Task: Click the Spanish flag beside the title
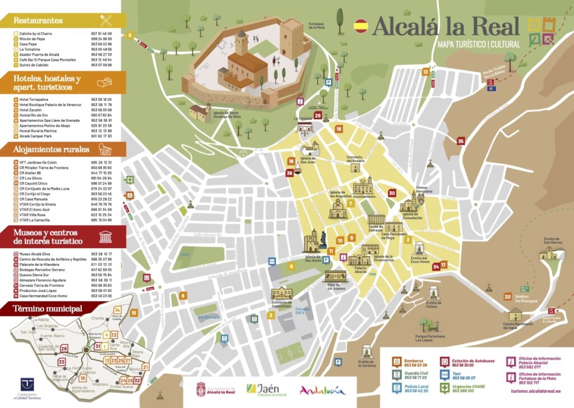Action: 361,25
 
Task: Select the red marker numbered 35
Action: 461,141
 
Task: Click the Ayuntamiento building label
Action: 364,197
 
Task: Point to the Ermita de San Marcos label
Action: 552,241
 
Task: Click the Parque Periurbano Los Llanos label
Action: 430,338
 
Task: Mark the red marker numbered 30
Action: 392,193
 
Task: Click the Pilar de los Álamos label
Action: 336,287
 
